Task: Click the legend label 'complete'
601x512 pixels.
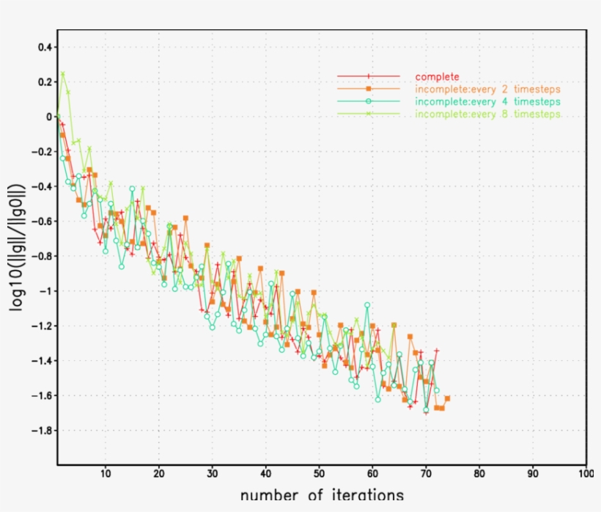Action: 437,76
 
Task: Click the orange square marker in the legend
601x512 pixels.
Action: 369,89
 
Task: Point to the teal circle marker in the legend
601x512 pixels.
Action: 369,101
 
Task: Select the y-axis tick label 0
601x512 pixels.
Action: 49,117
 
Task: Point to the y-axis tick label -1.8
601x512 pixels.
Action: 42,431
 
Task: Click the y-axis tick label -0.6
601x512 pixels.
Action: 42,222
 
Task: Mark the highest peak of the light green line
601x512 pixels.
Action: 63,73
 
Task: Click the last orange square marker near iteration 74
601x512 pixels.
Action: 447,398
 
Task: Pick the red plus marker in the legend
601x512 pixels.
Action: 369,76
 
